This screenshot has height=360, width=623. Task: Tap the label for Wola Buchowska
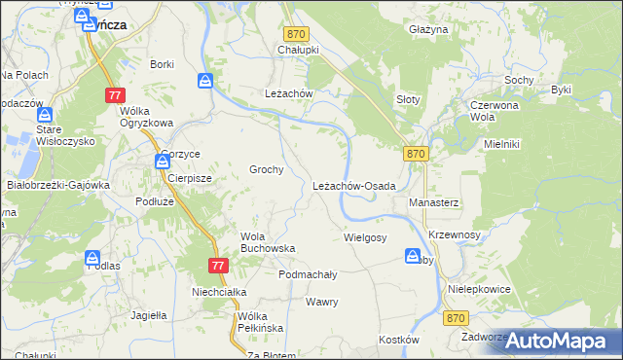coord(268,242)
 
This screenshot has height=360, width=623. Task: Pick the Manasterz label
coord(433,202)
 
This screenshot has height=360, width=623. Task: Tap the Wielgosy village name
coord(365,237)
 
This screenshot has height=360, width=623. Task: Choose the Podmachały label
coord(308,274)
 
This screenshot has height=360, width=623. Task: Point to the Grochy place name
coord(267,169)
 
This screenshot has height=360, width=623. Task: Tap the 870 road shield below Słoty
coord(416,154)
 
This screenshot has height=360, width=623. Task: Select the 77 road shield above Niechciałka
coord(217,266)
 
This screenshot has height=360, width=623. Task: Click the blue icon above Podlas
coord(92,259)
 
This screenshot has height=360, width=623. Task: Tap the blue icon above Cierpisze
coord(162,162)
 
